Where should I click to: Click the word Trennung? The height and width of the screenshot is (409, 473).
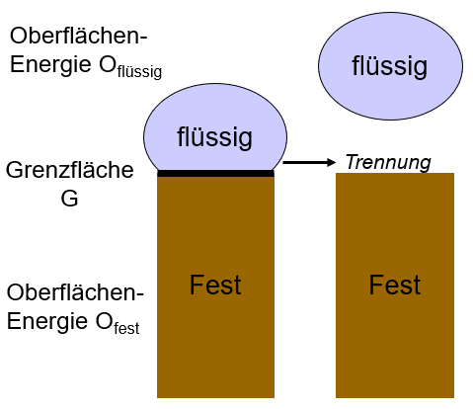(x=388, y=162)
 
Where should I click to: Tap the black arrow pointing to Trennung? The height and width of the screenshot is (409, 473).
(x=309, y=162)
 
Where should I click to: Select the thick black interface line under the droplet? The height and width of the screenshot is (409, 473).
(x=215, y=173)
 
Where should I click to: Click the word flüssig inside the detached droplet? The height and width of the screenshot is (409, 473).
(x=390, y=67)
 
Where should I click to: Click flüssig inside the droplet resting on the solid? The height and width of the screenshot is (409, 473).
(x=214, y=137)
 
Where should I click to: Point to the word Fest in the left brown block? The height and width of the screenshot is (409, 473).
(x=215, y=285)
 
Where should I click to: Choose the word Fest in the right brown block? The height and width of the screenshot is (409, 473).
(x=395, y=285)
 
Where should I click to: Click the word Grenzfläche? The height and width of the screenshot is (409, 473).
(x=70, y=170)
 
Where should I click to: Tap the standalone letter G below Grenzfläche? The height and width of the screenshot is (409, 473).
(x=69, y=198)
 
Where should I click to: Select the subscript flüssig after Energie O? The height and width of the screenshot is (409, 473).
(x=139, y=72)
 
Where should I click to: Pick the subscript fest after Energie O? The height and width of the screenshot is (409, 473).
(x=126, y=328)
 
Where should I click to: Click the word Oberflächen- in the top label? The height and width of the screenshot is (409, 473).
(x=78, y=36)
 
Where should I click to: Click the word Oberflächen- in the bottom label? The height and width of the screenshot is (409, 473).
(x=75, y=292)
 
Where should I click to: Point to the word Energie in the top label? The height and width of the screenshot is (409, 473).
(x=50, y=65)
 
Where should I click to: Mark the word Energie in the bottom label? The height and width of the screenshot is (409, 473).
(x=47, y=322)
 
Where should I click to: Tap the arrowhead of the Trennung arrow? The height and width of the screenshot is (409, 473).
(x=331, y=162)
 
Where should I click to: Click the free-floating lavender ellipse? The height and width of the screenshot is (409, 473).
(x=390, y=66)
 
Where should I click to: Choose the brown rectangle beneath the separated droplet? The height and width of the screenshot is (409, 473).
(x=395, y=286)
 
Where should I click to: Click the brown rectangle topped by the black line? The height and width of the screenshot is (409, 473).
(x=215, y=287)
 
